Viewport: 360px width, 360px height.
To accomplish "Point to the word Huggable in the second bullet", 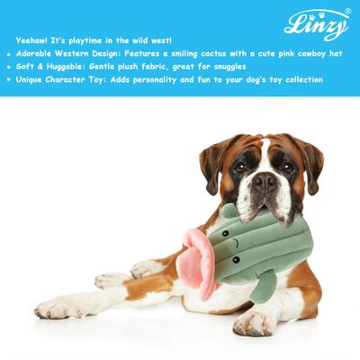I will [x=67, y=67].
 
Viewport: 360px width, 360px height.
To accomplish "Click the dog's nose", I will [x=264, y=183].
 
